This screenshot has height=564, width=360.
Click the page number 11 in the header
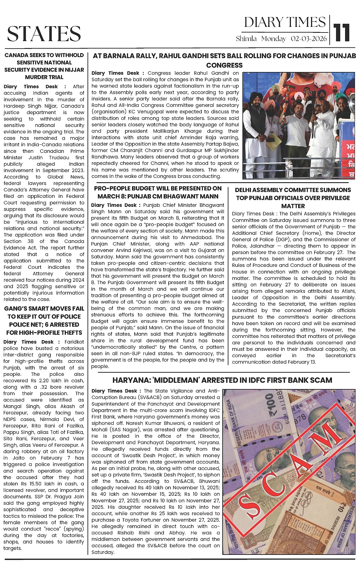[342, 33]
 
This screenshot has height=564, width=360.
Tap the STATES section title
[44, 34]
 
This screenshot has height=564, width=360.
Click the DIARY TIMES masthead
[285, 22]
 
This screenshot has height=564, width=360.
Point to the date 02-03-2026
[309, 39]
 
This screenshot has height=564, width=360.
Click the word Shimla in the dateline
[246, 39]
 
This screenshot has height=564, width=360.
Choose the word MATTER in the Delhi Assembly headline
[293, 206]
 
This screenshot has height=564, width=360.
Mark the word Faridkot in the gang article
[74, 342]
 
